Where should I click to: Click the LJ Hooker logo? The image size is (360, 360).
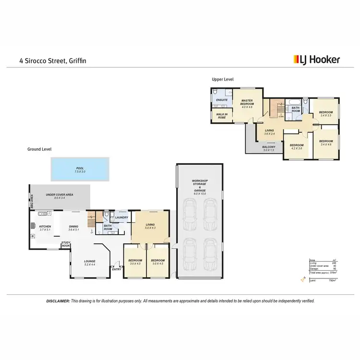pyautogui.click(x=316, y=60)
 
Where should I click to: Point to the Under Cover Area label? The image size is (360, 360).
pyautogui.click(x=59, y=196)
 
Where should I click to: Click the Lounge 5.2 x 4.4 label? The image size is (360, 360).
pyautogui.click(x=90, y=263)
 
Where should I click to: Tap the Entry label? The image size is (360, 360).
pyautogui.click(x=116, y=269)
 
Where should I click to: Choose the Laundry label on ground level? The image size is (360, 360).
pyautogui.click(x=121, y=217)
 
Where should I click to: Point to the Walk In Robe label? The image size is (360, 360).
pyautogui.click(x=221, y=116)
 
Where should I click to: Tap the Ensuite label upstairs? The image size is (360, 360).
pyautogui.click(x=221, y=100)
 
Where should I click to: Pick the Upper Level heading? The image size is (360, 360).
pyautogui.click(x=222, y=79)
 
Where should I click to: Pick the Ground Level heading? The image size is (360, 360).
pyautogui.click(x=39, y=149)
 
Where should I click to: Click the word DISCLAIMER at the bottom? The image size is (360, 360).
pyautogui.click(x=58, y=301)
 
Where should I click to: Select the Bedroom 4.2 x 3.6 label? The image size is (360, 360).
pyautogui.click(x=296, y=146)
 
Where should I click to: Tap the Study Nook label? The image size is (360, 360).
pyautogui.click(x=66, y=244)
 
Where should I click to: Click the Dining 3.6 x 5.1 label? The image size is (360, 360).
pyautogui.click(x=73, y=228)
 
